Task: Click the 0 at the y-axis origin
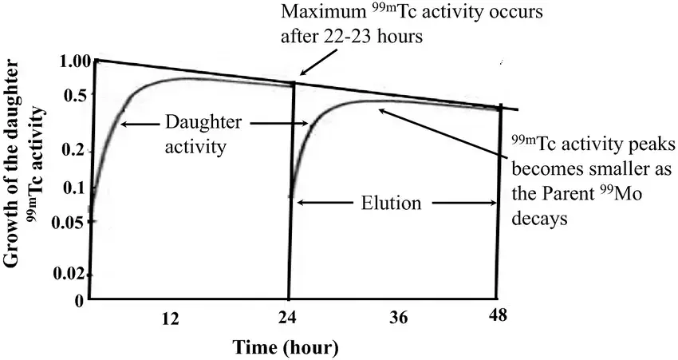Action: [79, 301]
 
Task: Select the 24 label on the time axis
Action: [288, 318]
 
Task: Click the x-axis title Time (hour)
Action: [286, 347]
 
